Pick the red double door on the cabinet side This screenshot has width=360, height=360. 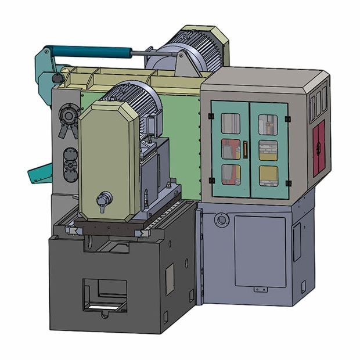coord(319,149)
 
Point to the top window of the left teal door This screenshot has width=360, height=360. coord(231,123)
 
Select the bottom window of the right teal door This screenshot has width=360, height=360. coord(268,175)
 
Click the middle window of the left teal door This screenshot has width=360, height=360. coord(231,149)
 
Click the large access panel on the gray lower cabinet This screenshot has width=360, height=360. coord(260,251)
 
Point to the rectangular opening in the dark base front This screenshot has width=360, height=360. coord(105,294)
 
